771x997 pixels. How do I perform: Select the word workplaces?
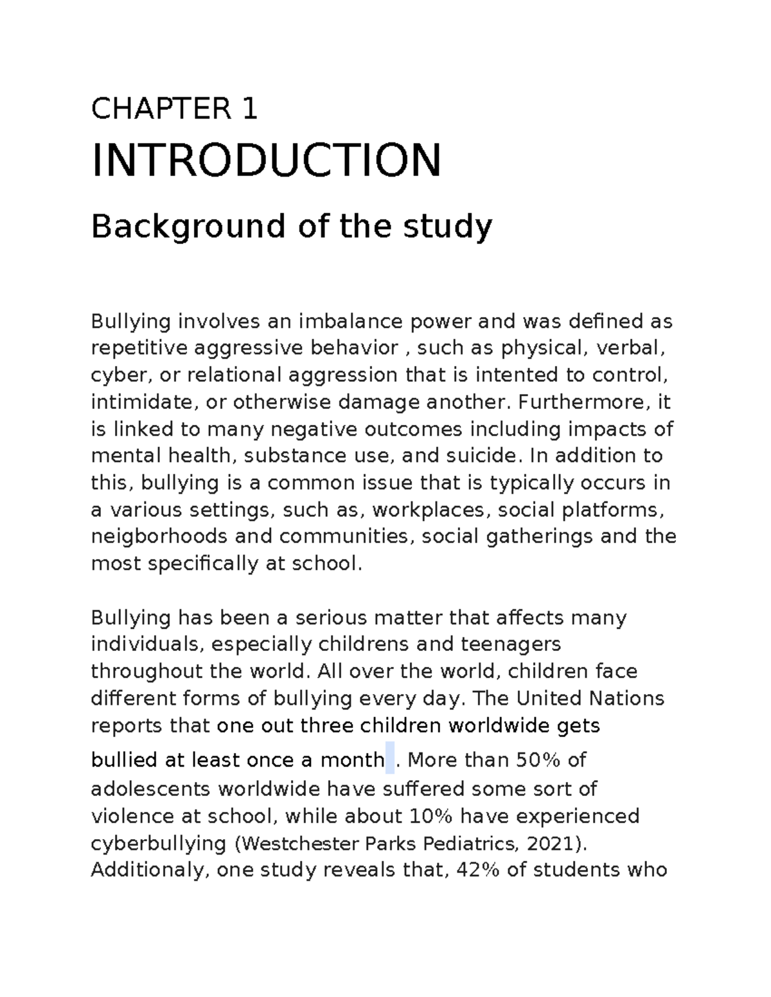coord(429,510)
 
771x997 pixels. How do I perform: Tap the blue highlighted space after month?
coord(390,758)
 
